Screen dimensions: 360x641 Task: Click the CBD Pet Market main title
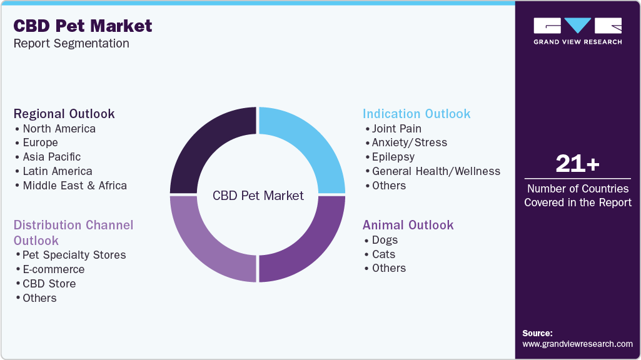tap(83, 26)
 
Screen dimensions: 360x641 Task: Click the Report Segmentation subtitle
tap(71, 44)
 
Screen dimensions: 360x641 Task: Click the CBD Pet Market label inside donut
tap(258, 196)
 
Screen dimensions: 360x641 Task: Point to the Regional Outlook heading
tap(64, 114)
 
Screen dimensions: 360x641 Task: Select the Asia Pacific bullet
tap(52, 157)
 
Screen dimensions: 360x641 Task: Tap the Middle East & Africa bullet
tap(74, 186)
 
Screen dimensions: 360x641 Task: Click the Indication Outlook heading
tap(416, 114)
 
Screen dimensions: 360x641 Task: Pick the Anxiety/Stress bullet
tap(409, 142)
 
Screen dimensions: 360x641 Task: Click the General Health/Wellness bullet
tap(436, 171)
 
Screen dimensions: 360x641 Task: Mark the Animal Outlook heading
tap(408, 225)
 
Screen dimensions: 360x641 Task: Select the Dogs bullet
tap(384, 240)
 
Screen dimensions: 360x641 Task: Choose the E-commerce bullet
tap(53, 269)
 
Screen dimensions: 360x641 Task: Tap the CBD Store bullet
tap(49, 284)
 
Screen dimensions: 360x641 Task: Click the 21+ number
tap(577, 164)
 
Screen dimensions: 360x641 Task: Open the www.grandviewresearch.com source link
tap(577, 344)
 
